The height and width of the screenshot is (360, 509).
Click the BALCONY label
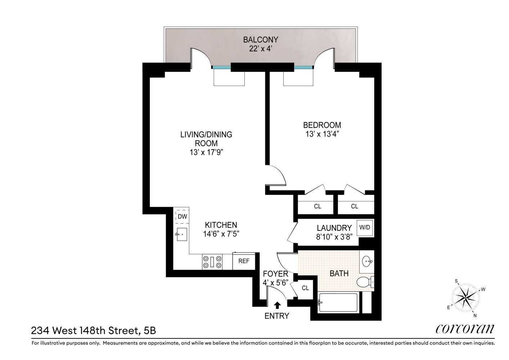point(260,40)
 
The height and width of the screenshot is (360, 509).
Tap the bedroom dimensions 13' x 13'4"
point(322,134)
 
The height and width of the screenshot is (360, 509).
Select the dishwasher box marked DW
point(182,217)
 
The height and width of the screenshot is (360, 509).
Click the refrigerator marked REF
point(244,261)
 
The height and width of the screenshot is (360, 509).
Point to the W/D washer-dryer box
point(365,228)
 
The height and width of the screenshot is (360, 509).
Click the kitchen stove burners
point(212,262)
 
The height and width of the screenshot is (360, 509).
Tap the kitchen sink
point(181,234)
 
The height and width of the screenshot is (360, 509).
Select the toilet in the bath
point(365,282)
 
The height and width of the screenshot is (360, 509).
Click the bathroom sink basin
point(367,262)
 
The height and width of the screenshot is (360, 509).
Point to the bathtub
point(338,303)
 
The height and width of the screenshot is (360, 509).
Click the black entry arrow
point(277,305)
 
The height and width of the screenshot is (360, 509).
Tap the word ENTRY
point(277,316)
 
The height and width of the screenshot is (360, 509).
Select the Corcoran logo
point(465,329)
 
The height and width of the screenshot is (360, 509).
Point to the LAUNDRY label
point(334,228)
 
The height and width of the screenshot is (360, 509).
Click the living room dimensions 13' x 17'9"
point(206,152)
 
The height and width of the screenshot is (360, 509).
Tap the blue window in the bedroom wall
point(303,67)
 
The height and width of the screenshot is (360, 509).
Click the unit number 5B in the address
point(150,331)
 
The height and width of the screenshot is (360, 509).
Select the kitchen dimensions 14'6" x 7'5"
point(221,234)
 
